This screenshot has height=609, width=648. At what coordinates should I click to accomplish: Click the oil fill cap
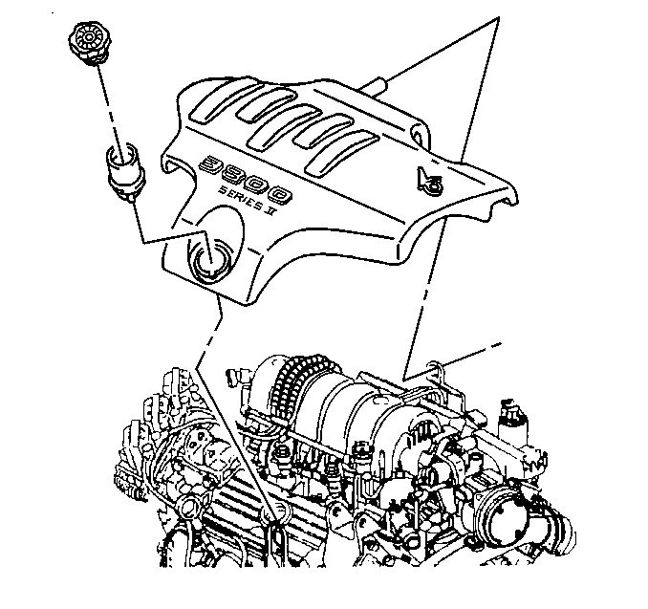[90, 43]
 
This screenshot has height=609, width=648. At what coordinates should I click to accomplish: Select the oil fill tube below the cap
[125, 171]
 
